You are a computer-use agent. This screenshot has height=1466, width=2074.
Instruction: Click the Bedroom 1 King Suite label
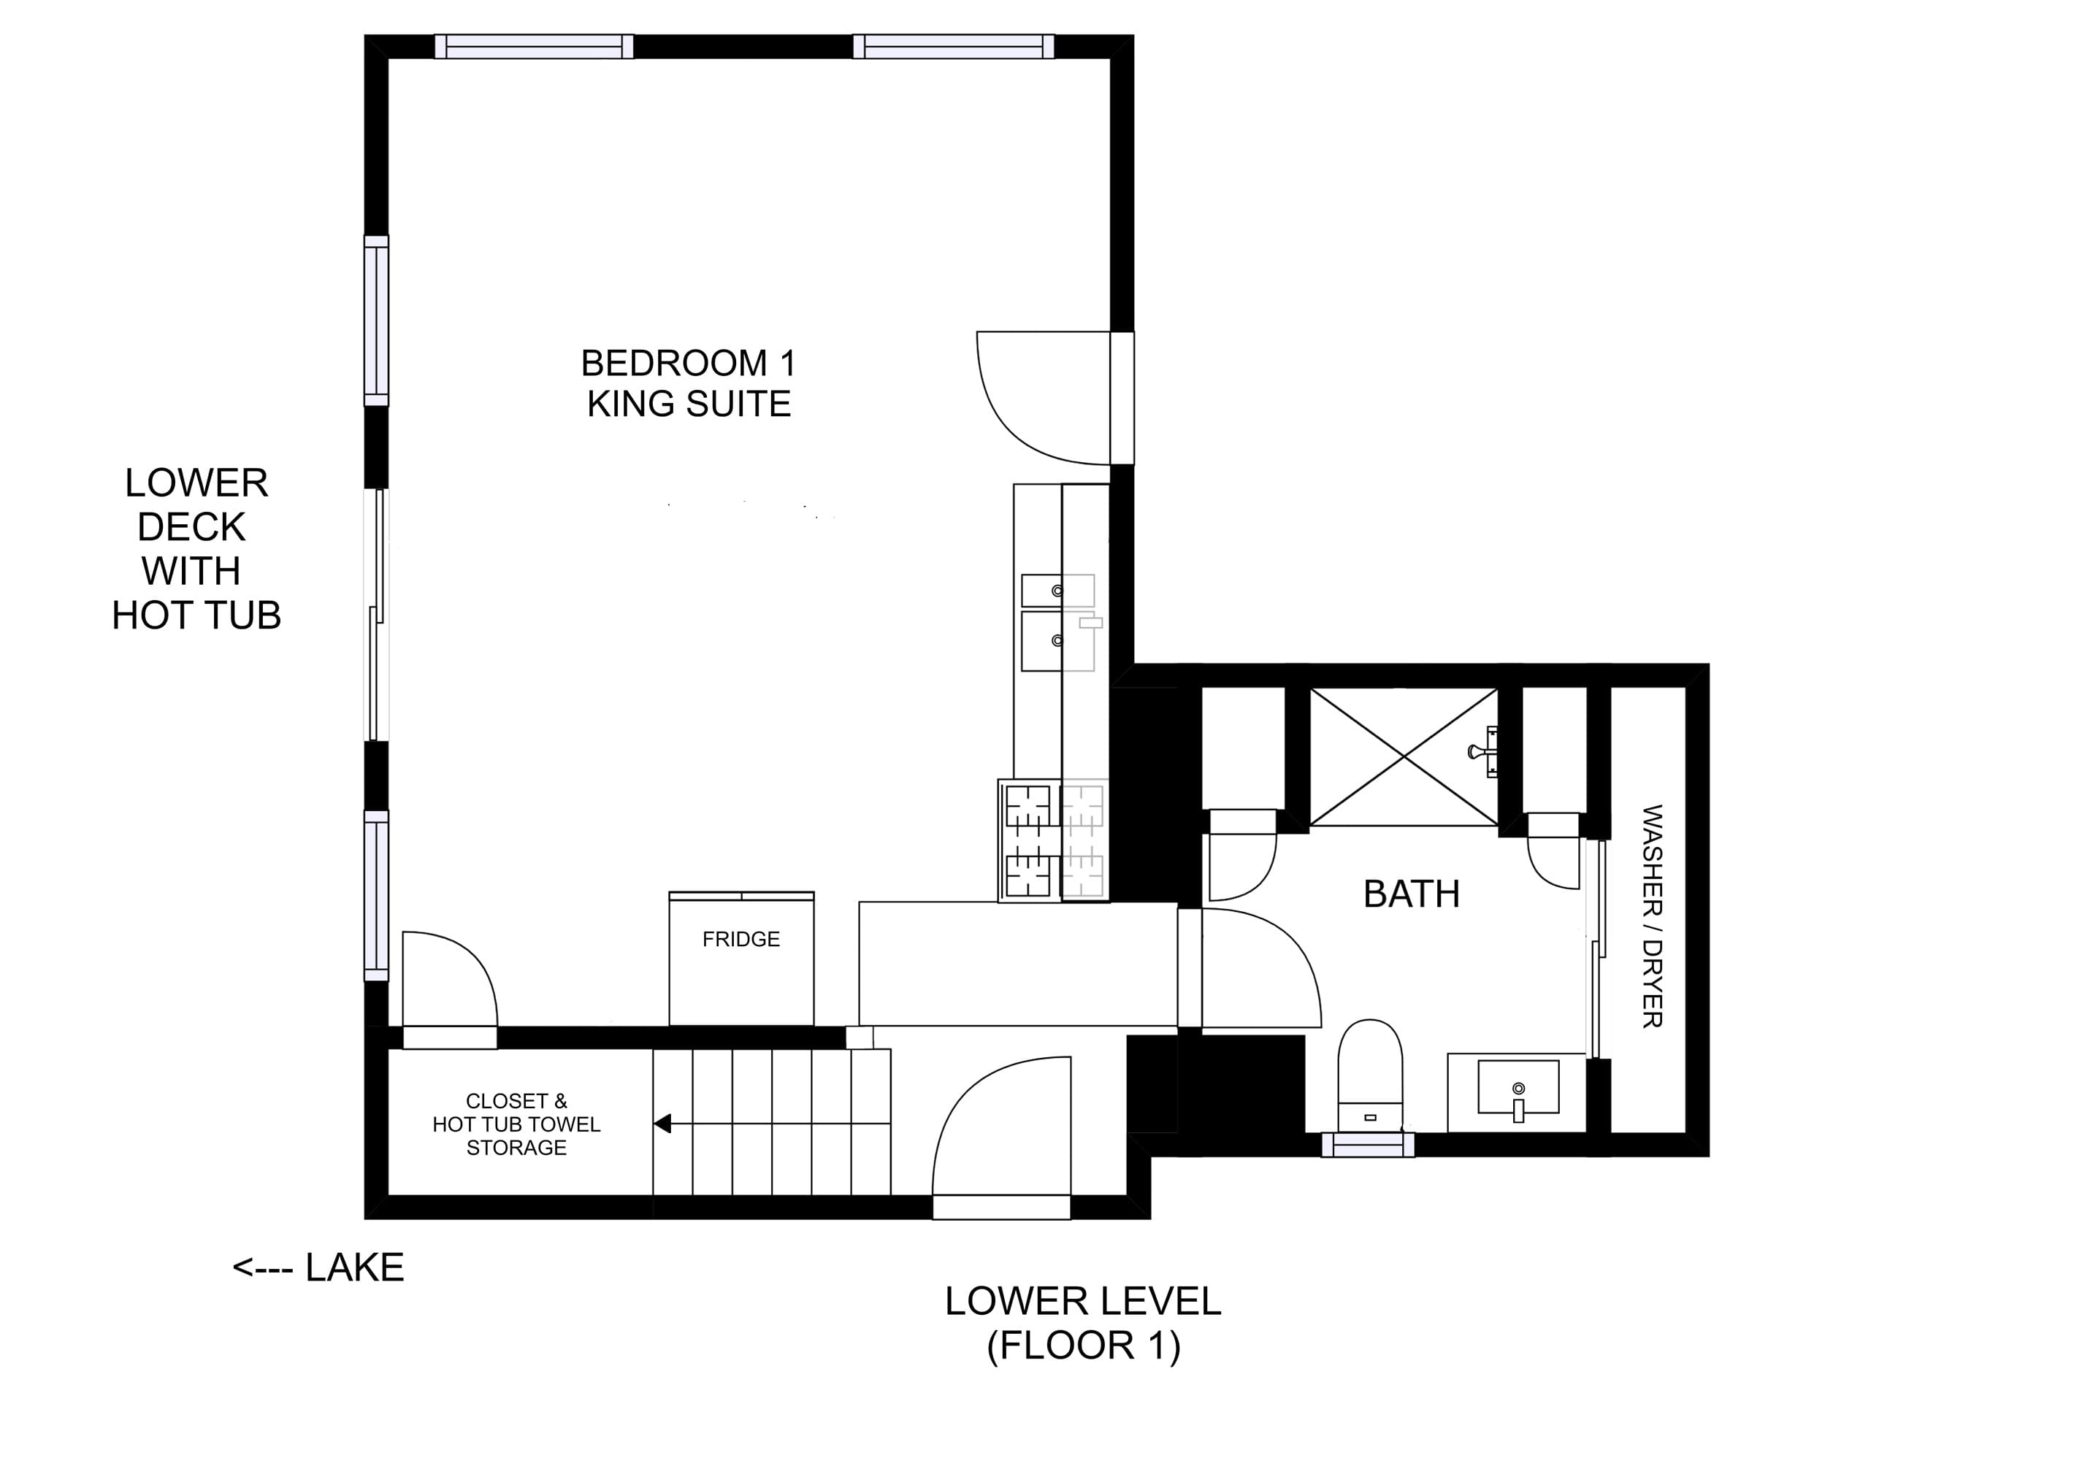coord(689,383)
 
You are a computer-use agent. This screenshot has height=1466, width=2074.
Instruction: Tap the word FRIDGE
coord(741,940)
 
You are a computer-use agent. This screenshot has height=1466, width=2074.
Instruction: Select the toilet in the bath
coord(1369,1075)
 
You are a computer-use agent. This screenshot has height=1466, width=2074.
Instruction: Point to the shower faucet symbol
coord(1482,751)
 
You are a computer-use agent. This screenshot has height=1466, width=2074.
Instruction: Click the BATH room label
coord(1411,894)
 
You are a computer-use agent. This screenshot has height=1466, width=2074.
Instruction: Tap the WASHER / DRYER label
coord(1652,916)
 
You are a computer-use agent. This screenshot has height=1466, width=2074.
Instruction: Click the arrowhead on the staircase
coord(662,1124)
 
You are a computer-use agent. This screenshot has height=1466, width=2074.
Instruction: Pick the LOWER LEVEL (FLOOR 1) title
coord(1083,1324)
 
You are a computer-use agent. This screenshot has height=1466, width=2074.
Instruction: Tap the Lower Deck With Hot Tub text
coord(195,549)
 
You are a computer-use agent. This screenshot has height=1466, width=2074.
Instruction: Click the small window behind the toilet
coord(1368,1145)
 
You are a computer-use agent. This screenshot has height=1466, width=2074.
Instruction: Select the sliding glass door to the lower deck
coord(377,614)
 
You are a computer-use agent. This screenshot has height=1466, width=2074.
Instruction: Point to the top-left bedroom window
coord(534,46)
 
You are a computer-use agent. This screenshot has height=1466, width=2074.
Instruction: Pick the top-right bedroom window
coord(953,46)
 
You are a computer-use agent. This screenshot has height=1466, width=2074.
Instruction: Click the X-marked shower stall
coord(1403,757)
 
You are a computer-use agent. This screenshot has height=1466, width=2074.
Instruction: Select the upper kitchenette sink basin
coord(1057,591)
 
